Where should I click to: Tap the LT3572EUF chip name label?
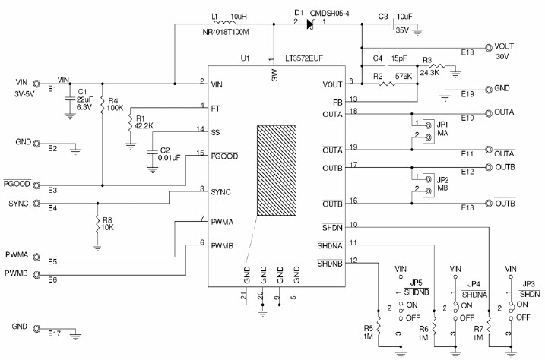(309, 58)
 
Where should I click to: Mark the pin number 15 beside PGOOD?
(200, 153)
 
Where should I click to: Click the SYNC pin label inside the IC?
(222, 192)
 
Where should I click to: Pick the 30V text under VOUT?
(502, 57)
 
